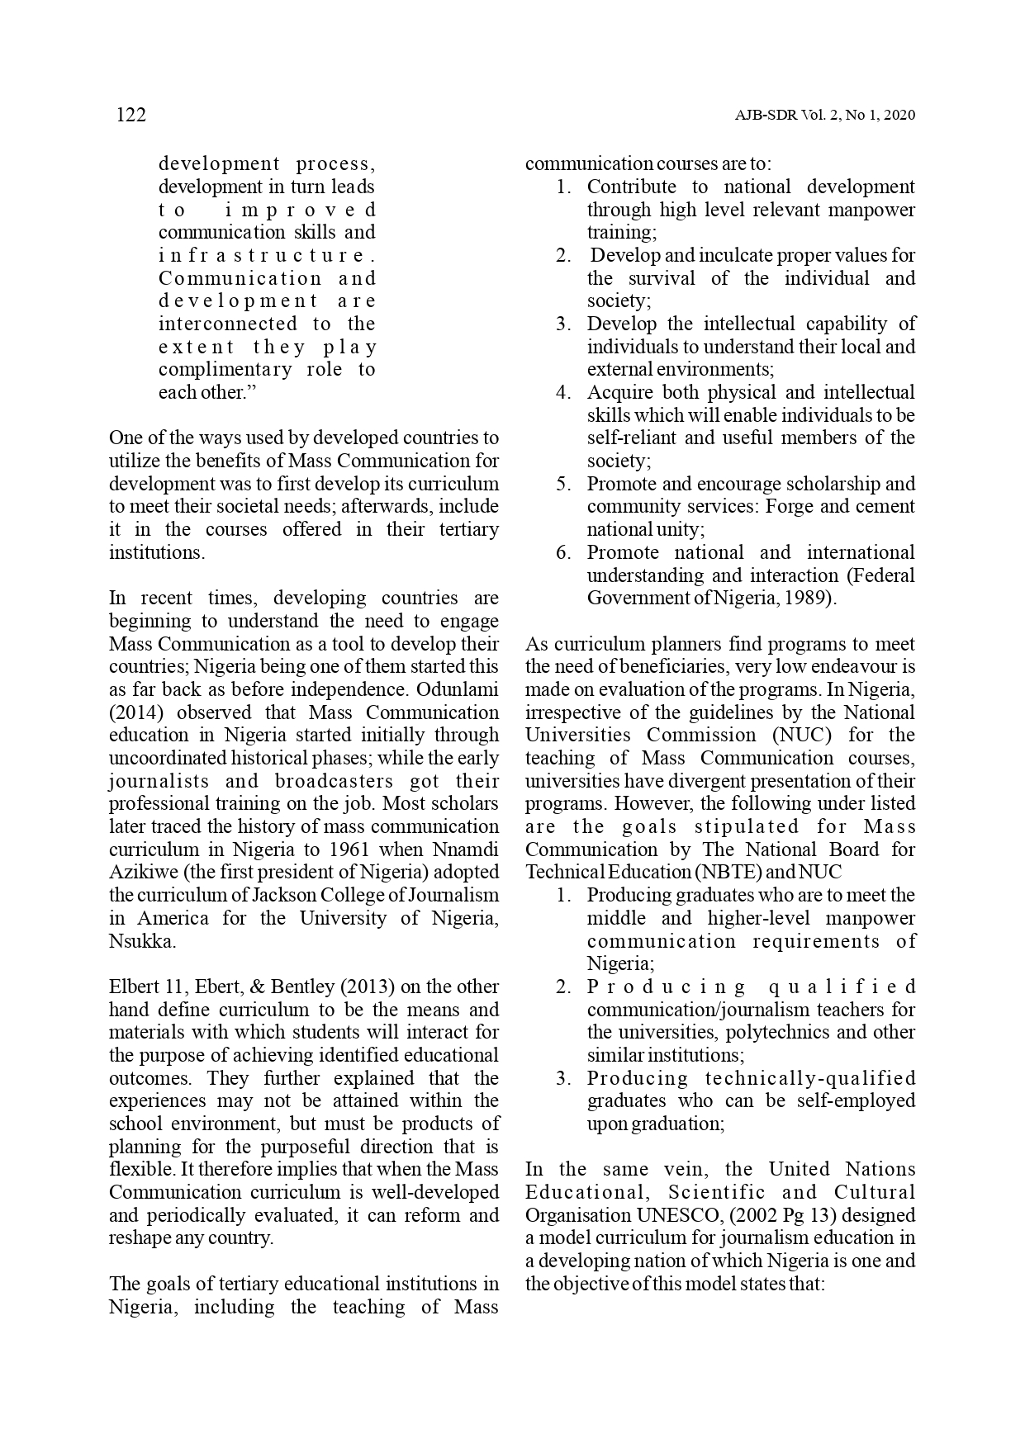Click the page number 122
130,116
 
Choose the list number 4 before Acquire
563,393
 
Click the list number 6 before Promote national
563,552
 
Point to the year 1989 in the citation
807,598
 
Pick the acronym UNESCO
669,1215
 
